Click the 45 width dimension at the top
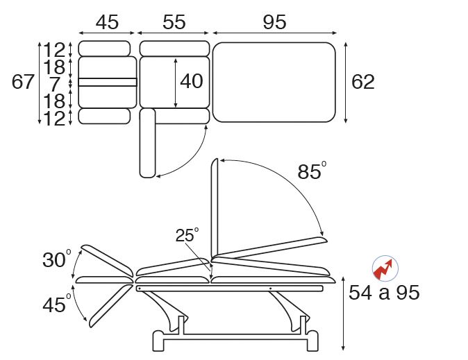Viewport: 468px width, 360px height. coord(107,22)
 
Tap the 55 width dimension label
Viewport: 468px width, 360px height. coord(174,22)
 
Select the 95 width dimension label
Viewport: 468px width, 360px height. coord(274,22)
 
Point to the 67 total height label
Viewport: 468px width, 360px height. coord(23,81)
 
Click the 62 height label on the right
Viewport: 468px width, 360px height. coord(363,82)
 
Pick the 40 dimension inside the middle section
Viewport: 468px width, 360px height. coord(192,81)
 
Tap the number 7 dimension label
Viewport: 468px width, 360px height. coord(55,84)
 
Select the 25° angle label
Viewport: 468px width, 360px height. coord(187,234)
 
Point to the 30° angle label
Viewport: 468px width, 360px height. coord(57,259)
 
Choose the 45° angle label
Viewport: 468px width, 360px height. coord(57,305)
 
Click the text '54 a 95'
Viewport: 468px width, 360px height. coord(384,292)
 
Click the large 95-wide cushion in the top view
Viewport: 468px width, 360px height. coord(274,83)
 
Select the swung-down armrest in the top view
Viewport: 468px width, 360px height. coord(147,143)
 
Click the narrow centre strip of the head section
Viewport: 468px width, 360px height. coord(108,83)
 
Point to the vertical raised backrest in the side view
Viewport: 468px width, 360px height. coord(215,209)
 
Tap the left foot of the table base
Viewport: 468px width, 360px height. coord(158,341)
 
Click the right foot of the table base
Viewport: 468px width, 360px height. coord(312,341)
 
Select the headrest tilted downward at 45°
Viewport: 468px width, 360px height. coord(110,306)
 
